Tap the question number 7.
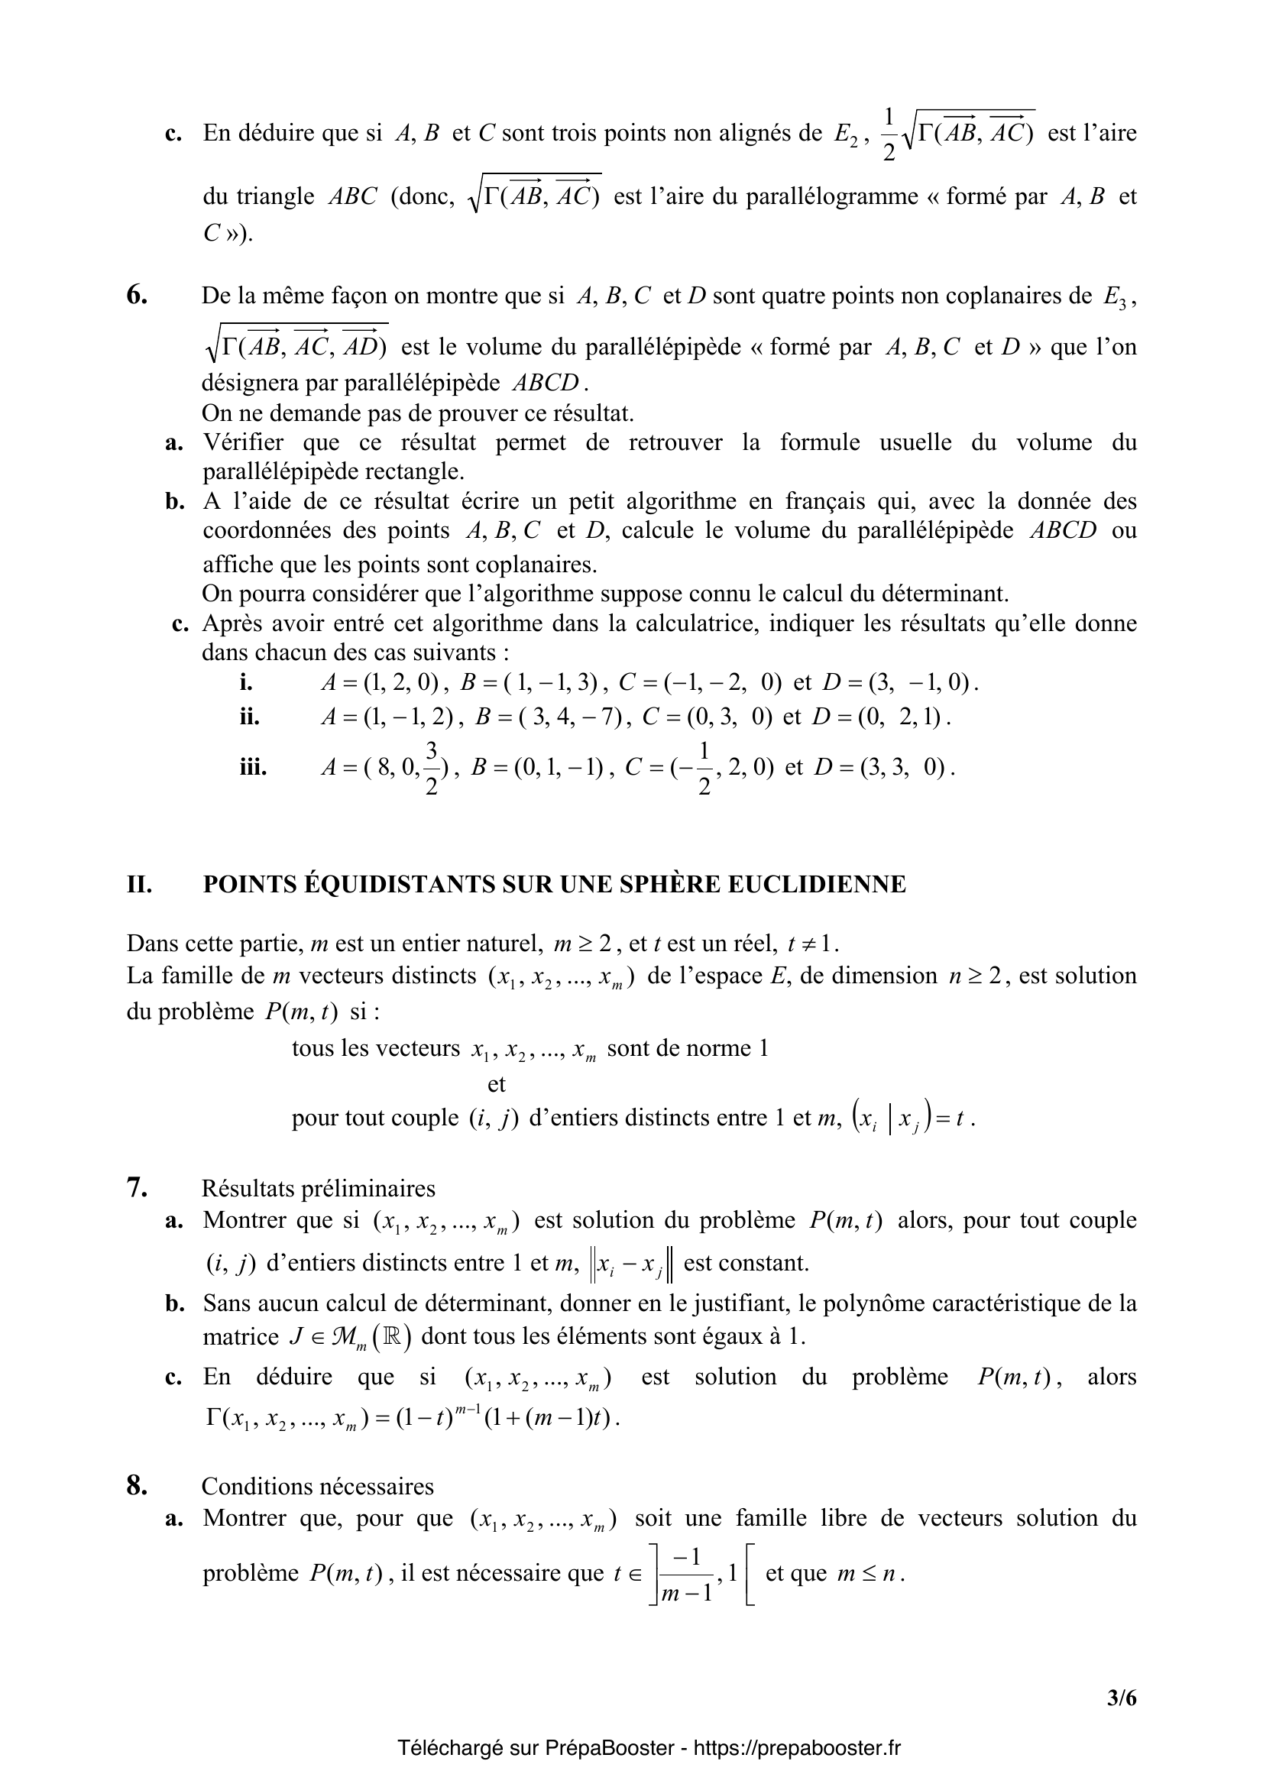[x=136, y=1188]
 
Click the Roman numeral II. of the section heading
[x=139, y=884]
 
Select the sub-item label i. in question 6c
[x=247, y=683]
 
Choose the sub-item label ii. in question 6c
[x=249, y=716]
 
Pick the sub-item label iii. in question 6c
[x=253, y=768]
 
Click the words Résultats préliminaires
[x=319, y=1189]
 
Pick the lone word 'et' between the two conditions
[x=496, y=1083]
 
